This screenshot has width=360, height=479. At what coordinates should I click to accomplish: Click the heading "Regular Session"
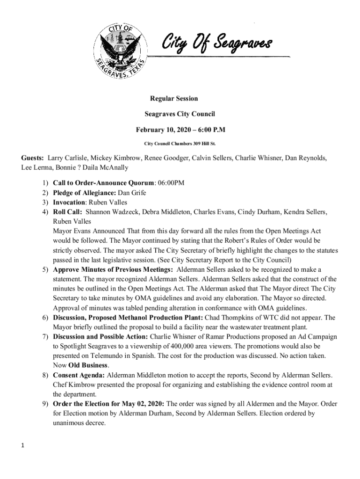[173, 99]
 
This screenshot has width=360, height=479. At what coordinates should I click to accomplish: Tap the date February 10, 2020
[162, 129]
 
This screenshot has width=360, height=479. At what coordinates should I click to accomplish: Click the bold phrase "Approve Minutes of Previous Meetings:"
[113, 270]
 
